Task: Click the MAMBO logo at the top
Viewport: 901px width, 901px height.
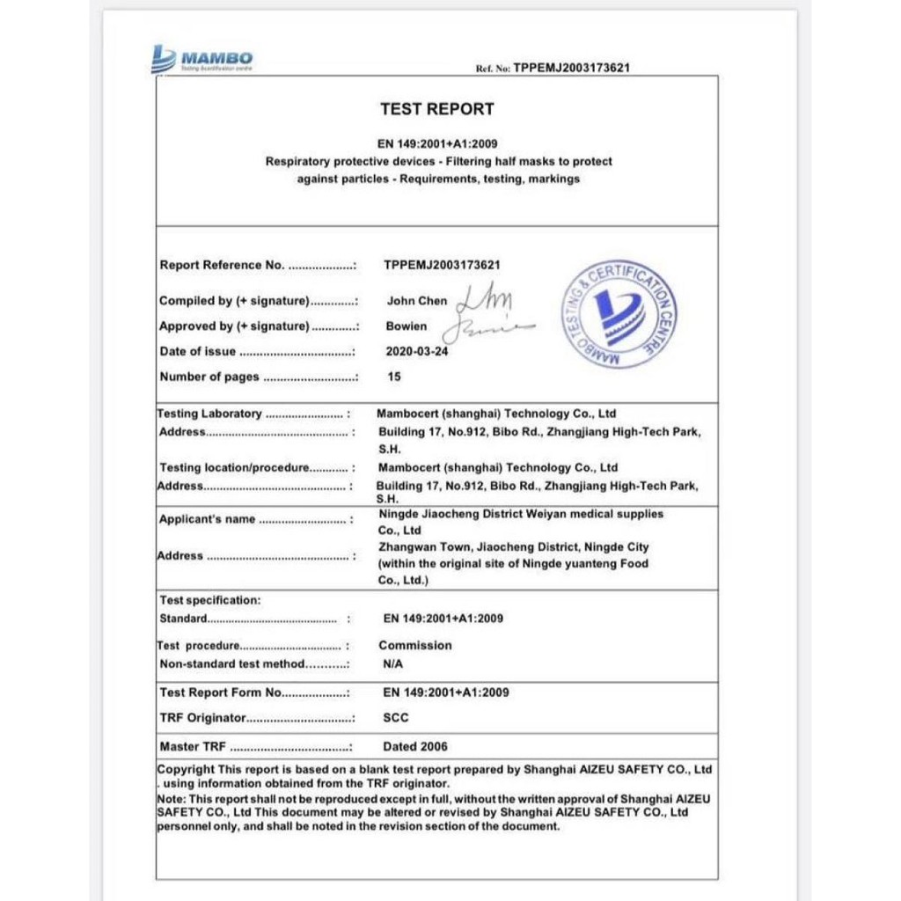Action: (x=202, y=59)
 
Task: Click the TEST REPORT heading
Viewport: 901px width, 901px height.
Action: (x=436, y=109)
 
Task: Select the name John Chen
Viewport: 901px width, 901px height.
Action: (x=417, y=301)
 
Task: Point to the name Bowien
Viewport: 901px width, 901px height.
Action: (x=407, y=326)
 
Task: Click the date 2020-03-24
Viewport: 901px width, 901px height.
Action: (x=417, y=352)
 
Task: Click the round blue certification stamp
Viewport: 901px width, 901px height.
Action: (x=619, y=314)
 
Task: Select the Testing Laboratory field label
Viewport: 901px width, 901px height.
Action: (x=210, y=414)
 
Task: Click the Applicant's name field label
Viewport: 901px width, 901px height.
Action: (x=207, y=520)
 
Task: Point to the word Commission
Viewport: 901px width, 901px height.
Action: (x=415, y=646)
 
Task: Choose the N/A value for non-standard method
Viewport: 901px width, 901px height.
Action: (x=393, y=665)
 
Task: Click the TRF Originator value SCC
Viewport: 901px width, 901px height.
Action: (x=396, y=718)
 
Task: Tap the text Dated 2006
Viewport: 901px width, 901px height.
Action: (x=415, y=747)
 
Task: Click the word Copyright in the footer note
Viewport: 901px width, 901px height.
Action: (x=186, y=770)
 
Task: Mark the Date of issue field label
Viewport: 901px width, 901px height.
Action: (x=197, y=352)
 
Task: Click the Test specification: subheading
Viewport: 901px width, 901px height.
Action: (x=210, y=601)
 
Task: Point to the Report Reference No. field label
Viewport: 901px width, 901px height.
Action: (x=222, y=266)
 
